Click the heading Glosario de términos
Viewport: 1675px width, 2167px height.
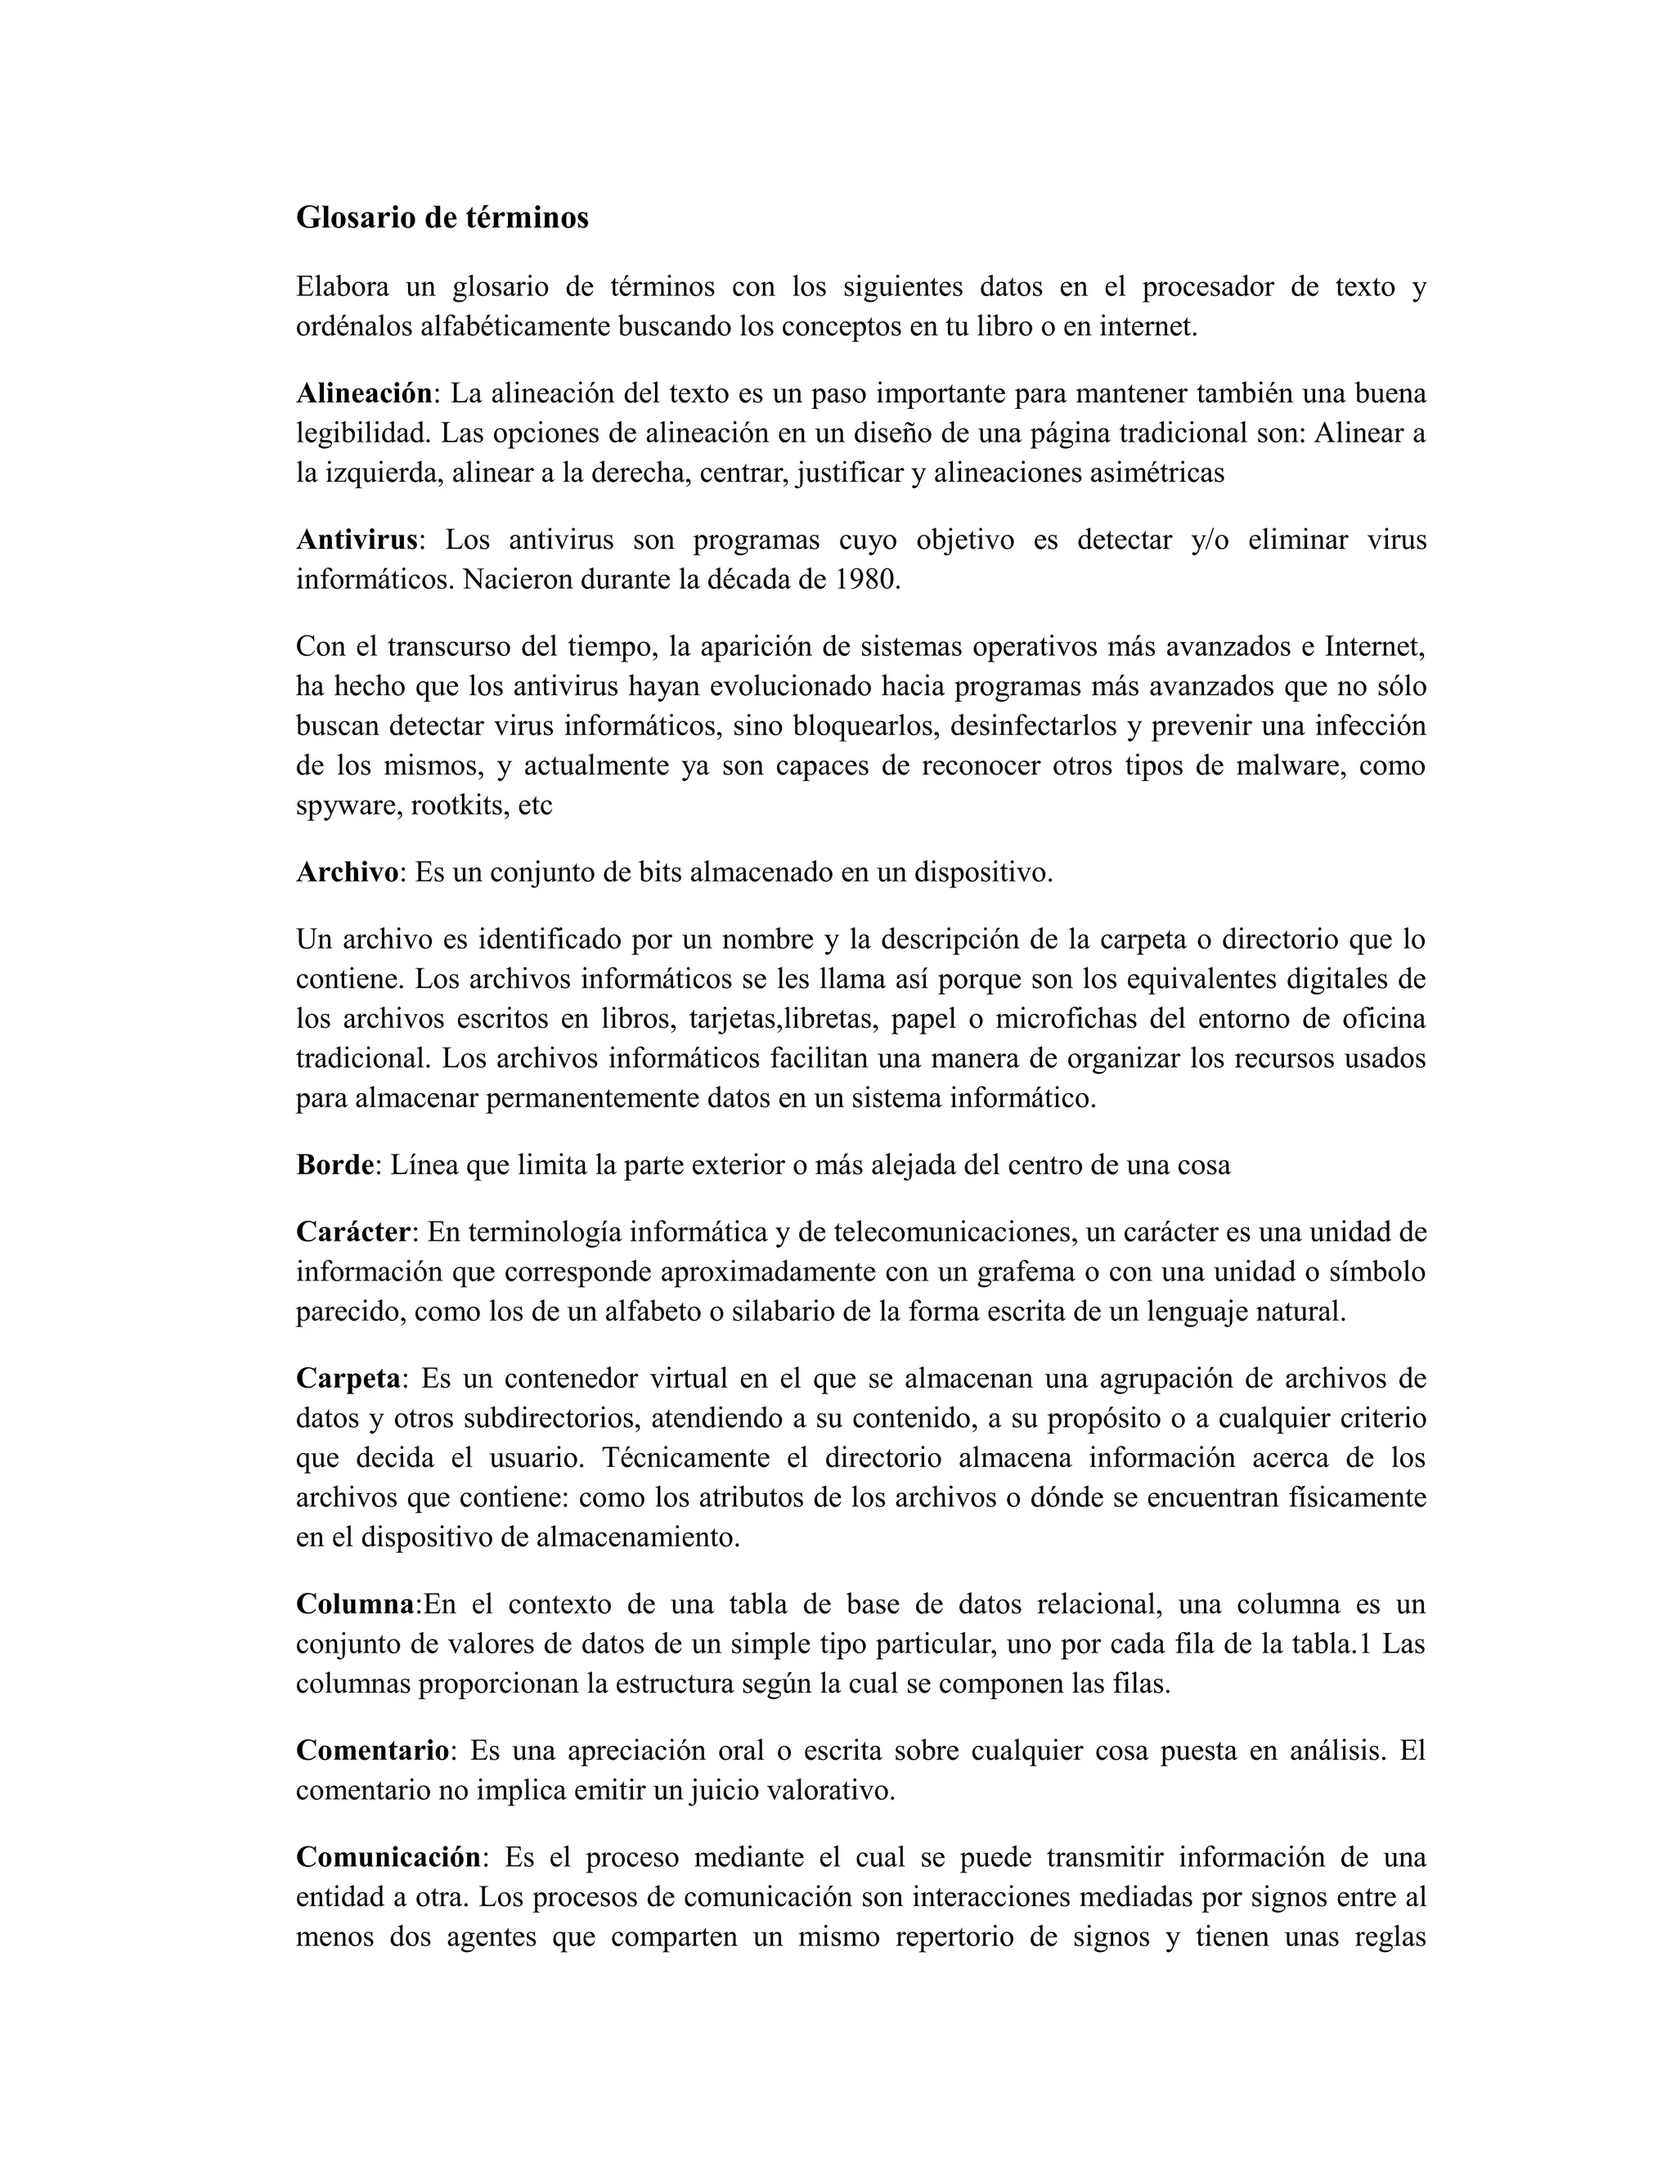(x=442, y=218)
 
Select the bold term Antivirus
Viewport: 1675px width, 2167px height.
(x=357, y=540)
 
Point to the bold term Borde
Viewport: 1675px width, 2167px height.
(x=335, y=1164)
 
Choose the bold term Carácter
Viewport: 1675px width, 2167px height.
(x=353, y=1232)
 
